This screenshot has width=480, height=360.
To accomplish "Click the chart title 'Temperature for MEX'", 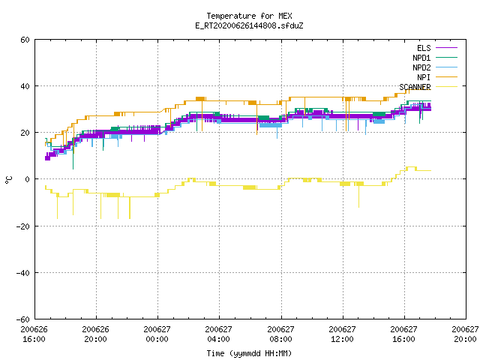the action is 249,16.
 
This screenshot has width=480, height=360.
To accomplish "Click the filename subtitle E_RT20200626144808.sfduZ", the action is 249,25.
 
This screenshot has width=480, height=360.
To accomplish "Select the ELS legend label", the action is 424,48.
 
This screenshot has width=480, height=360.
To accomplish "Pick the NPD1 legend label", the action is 421,58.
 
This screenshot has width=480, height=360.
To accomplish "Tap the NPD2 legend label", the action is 421,67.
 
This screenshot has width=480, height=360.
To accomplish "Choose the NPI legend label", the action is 424,77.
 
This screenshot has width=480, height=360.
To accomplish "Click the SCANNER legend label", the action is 415,87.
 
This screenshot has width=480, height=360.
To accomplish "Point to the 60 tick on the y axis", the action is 25,40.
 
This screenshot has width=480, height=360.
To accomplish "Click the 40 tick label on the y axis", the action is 25,86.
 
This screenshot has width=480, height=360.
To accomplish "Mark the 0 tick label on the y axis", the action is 28,179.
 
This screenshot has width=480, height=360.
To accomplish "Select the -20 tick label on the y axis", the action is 23,226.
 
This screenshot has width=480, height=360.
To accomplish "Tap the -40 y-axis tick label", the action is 23,273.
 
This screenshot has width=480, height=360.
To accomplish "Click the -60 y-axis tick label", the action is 23,319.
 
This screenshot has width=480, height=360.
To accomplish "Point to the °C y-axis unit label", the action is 9,180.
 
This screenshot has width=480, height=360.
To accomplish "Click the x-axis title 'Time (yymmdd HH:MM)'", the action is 249,353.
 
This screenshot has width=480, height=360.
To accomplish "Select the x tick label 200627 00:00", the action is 157,334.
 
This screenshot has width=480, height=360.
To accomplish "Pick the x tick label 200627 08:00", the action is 280,334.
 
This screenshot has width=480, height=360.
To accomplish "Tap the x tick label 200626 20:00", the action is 95,334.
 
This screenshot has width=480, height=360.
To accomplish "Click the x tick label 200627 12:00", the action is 342,334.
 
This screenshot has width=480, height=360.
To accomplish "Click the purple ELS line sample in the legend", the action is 446,48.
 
